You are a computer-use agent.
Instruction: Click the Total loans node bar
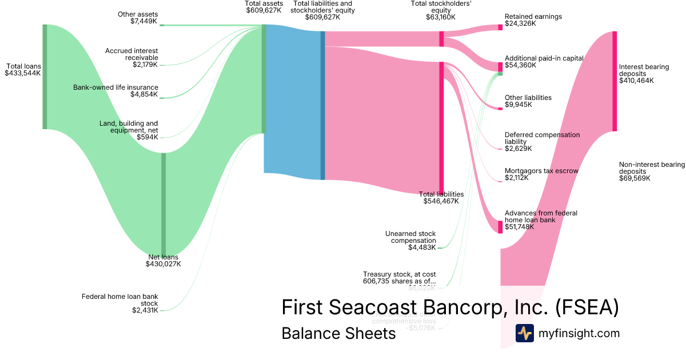[x=45, y=77]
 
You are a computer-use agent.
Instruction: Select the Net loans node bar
[x=163, y=203]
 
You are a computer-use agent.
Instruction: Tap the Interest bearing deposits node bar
[x=615, y=81]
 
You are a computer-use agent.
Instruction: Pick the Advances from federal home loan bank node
[x=500, y=226]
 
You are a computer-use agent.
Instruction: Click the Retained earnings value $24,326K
[x=521, y=24]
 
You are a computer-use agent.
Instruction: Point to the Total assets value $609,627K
[x=264, y=10]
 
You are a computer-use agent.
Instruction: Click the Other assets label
[x=138, y=14]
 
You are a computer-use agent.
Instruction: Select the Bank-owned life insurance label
[x=115, y=87]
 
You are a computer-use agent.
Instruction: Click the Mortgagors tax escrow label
[x=541, y=171]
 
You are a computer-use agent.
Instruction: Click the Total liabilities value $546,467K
[x=441, y=201]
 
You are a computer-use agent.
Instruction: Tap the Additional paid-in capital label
[x=544, y=58]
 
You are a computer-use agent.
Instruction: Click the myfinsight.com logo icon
[x=524, y=333]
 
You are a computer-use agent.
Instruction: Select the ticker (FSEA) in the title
[x=587, y=307]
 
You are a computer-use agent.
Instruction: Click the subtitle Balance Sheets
[x=338, y=333]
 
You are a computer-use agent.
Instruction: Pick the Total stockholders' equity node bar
[x=441, y=39]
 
